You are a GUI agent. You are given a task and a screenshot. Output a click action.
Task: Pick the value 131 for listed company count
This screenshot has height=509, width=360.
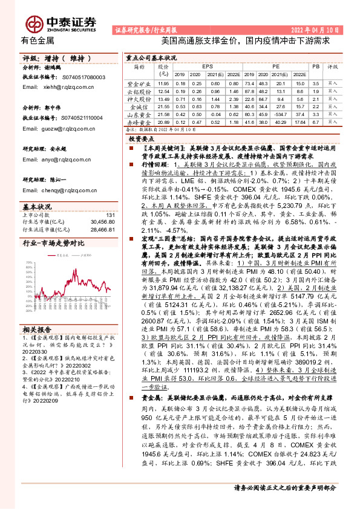point(110,215)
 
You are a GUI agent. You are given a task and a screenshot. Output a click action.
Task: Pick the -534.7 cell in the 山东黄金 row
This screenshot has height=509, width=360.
point(280,113)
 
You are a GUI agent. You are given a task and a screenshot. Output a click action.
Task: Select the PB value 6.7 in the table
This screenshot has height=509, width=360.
point(315,121)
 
